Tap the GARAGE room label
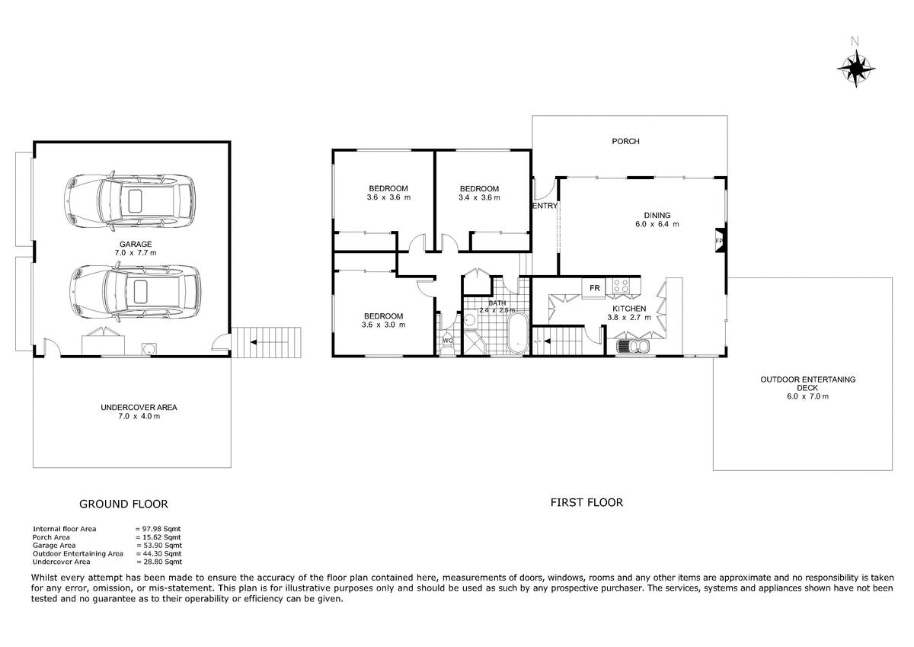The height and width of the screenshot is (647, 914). click(x=136, y=244)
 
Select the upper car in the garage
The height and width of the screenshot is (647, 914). click(x=129, y=201)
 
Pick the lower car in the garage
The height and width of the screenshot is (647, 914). click(x=135, y=291)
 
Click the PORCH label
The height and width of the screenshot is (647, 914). click(x=625, y=141)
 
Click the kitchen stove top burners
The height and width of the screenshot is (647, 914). click(x=620, y=285)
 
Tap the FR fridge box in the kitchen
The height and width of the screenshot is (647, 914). click(x=595, y=288)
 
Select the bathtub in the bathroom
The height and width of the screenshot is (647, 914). click(x=517, y=334)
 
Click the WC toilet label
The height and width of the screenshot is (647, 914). click(x=448, y=341)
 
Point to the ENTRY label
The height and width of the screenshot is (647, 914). click(x=545, y=206)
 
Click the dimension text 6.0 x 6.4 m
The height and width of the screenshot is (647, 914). click(x=657, y=224)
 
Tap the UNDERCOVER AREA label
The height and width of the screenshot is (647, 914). click(x=139, y=408)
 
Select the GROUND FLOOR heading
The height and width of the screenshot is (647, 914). click(x=123, y=504)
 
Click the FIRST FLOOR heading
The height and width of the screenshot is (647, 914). click(x=586, y=502)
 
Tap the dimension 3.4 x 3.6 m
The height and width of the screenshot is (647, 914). click(x=479, y=197)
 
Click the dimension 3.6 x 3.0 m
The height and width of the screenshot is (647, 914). click(x=384, y=325)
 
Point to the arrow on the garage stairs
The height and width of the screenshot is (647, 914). click(x=254, y=342)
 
